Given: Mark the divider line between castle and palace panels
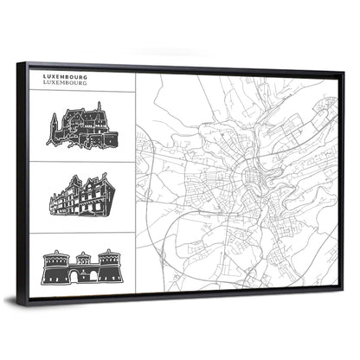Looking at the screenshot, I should (x=82, y=162).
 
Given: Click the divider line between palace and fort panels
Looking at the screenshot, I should (x=82, y=233).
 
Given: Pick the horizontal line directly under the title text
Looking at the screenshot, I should (x=82, y=91).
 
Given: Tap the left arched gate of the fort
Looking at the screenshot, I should (x=73, y=276).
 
